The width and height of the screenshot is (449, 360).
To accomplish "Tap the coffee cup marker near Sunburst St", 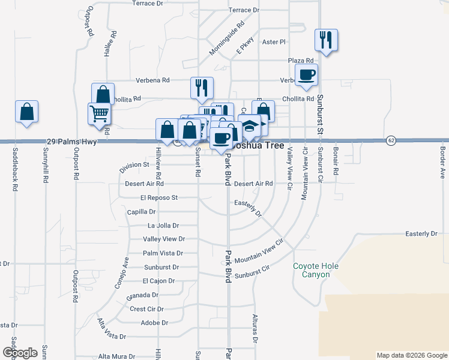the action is (307, 75).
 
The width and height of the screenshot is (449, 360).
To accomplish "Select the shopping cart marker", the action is (99, 113).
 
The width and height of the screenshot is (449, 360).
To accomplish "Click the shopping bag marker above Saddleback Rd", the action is (26, 112).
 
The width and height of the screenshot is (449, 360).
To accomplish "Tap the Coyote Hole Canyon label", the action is (316, 270).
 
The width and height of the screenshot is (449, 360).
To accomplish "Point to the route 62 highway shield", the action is (391, 140).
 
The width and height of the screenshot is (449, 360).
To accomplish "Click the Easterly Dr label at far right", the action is (421, 233).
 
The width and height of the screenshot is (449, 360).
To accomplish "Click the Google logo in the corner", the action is (20, 353).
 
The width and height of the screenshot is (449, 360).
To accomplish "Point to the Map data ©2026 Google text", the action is (412, 355).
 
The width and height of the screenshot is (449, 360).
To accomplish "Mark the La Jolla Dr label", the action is (163, 226).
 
